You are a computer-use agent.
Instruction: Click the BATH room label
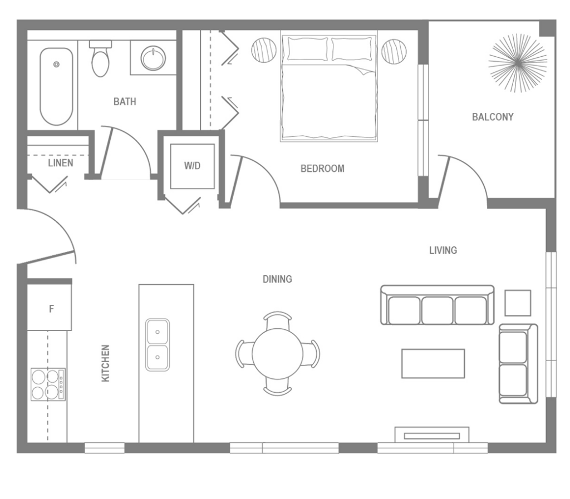[x=125, y=102]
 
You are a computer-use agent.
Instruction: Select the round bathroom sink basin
[x=153, y=57]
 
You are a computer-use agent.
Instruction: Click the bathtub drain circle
[x=56, y=65]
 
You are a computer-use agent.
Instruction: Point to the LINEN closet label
[x=60, y=163]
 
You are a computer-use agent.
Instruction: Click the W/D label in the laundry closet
[x=193, y=166]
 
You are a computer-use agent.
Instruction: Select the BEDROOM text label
[x=322, y=169]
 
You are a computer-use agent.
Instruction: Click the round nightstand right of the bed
[x=394, y=52]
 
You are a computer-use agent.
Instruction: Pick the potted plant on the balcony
[x=518, y=63]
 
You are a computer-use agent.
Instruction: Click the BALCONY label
[x=493, y=117]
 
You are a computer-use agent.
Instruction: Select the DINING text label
[x=277, y=279]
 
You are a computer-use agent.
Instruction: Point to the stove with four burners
[x=48, y=384]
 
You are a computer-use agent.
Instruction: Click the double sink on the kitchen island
[x=158, y=345]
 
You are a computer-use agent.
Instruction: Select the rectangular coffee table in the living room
[x=433, y=363]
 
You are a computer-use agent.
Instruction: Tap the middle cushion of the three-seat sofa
[x=437, y=310]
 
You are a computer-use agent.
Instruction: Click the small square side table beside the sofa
[x=518, y=303]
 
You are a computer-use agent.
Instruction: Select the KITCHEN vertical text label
[x=105, y=363]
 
